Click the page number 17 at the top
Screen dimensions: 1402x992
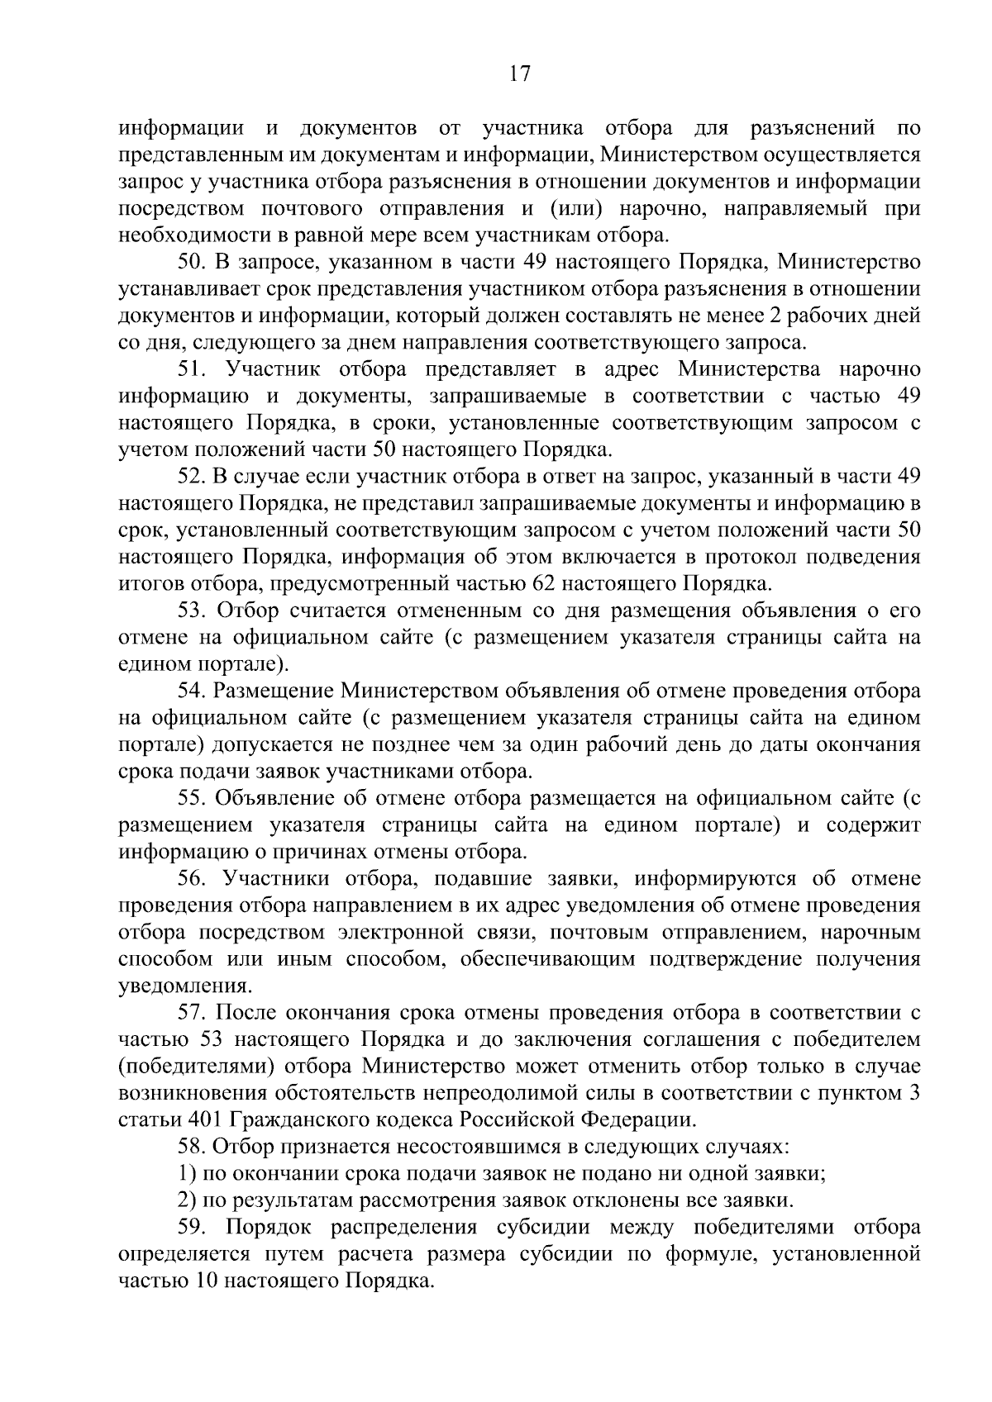pyautogui.click(x=518, y=74)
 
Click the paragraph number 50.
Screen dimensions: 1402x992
pyautogui.click(x=191, y=263)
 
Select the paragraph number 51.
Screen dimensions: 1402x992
pyautogui.click(x=192, y=369)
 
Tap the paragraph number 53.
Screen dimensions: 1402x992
pyautogui.click(x=191, y=611)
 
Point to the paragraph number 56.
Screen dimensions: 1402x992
pyautogui.click(x=191, y=878)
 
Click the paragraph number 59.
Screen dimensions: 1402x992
pyautogui.click(x=191, y=1227)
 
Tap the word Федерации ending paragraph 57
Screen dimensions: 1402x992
pyautogui.click(x=639, y=1120)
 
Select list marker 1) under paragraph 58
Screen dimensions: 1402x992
pyautogui.click(x=187, y=1173)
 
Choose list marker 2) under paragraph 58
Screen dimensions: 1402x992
pyautogui.click(x=187, y=1200)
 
